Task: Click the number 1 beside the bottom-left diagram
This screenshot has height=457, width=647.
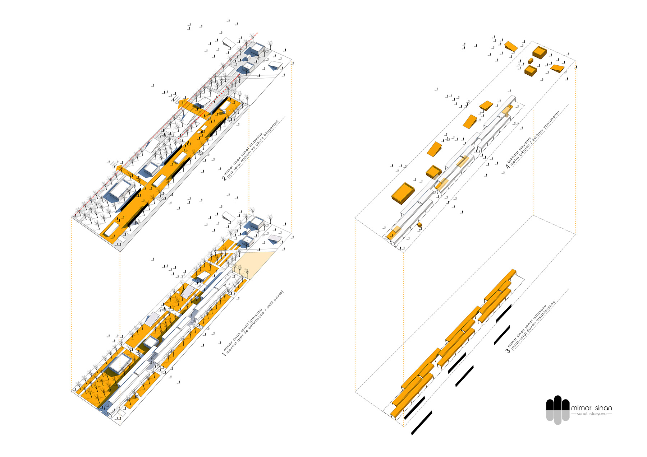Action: click(224, 354)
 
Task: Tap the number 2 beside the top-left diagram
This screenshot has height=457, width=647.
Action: click(224, 178)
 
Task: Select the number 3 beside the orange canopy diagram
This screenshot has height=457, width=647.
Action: click(508, 350)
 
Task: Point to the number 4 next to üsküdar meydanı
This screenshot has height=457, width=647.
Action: click(508, 166)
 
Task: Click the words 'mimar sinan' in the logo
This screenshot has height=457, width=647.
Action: click(591, 408)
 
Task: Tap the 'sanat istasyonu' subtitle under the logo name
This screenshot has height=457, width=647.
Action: click(591, 414)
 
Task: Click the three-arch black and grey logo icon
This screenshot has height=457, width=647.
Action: click(557, 410)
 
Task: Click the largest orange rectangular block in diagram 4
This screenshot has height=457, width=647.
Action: click(403, 193)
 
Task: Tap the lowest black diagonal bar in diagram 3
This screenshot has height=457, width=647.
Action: click(421, 423)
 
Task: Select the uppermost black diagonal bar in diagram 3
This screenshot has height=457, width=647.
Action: click(503, 313)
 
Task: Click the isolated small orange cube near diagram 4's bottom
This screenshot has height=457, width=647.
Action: click(419, 225)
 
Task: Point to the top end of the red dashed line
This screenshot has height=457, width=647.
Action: click(257, 33)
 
